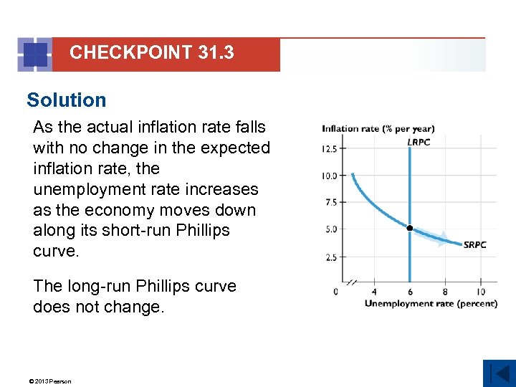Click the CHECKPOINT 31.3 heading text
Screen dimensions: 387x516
click(x=151, y=52)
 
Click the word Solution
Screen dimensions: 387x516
click(x=66, y=100)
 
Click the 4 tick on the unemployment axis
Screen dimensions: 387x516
click(x=374, y=292)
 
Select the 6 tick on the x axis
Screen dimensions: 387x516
click(x=409, y=292)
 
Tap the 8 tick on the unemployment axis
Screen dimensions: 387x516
click(x=445, y=292)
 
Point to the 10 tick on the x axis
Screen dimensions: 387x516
click(x=479, y=292)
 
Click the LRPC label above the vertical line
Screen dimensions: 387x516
click(x=419, y=142)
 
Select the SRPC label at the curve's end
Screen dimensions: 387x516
click(x=475, y=244)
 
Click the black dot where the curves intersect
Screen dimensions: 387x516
click(x=409, y=228)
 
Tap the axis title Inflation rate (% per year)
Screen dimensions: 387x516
click(x=378, y=129)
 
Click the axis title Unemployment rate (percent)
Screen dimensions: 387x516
click(x=431, y=303)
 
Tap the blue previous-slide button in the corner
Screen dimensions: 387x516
click(x=499, y=373)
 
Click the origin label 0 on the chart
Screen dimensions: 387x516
click(x=336, y=292)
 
